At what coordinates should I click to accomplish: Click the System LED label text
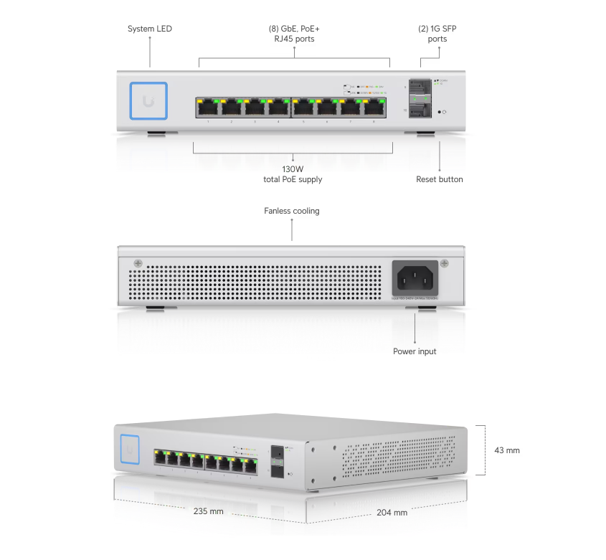pos(150,29)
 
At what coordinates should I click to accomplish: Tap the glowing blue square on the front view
pos(148,100)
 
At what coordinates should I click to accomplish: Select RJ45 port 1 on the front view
pos(208,108)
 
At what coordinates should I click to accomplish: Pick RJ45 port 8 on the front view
pos(374,108)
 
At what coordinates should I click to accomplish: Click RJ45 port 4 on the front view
pos(278,108)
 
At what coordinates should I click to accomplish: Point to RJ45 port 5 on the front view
pos(303,108)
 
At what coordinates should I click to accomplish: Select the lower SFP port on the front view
pos(420,111)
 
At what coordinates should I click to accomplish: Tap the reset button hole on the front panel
pos(440,113)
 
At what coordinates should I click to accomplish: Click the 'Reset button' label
pos(439,179)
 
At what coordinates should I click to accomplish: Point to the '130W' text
pos(293,169)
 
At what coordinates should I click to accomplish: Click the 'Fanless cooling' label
pos(292,211)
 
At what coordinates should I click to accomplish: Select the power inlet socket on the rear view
pos(415,276)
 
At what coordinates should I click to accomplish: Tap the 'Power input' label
pos(415,351)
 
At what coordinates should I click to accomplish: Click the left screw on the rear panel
pos(138,263)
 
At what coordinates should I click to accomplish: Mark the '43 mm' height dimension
pos(507,450)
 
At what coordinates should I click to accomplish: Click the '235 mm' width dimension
pos(209,511)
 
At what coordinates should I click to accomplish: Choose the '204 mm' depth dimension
pos(392,513)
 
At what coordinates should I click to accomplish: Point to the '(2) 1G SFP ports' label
pos(437,34)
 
